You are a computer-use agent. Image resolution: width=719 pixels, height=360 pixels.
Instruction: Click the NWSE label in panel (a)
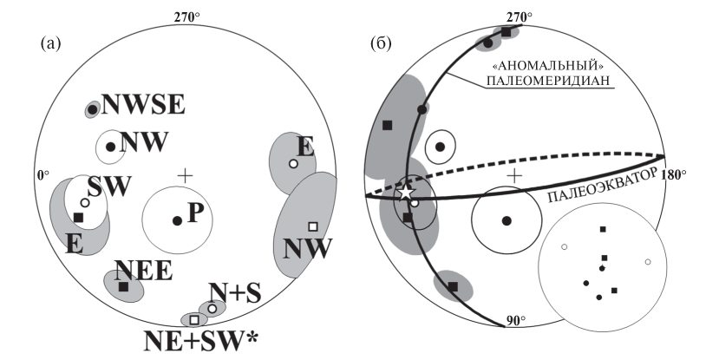(142, 106)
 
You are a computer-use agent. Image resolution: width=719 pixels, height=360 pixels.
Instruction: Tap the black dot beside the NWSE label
(92, 110)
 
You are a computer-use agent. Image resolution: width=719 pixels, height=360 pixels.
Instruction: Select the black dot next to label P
(177, 221)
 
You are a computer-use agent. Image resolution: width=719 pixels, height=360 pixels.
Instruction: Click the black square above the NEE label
(123, 286)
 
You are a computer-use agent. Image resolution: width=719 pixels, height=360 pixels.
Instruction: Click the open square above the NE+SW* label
(194, 320)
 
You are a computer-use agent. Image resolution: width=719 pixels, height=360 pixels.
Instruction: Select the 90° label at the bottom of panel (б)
(518, 323)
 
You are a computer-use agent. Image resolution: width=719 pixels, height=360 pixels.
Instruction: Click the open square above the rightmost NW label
(313, 227)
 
